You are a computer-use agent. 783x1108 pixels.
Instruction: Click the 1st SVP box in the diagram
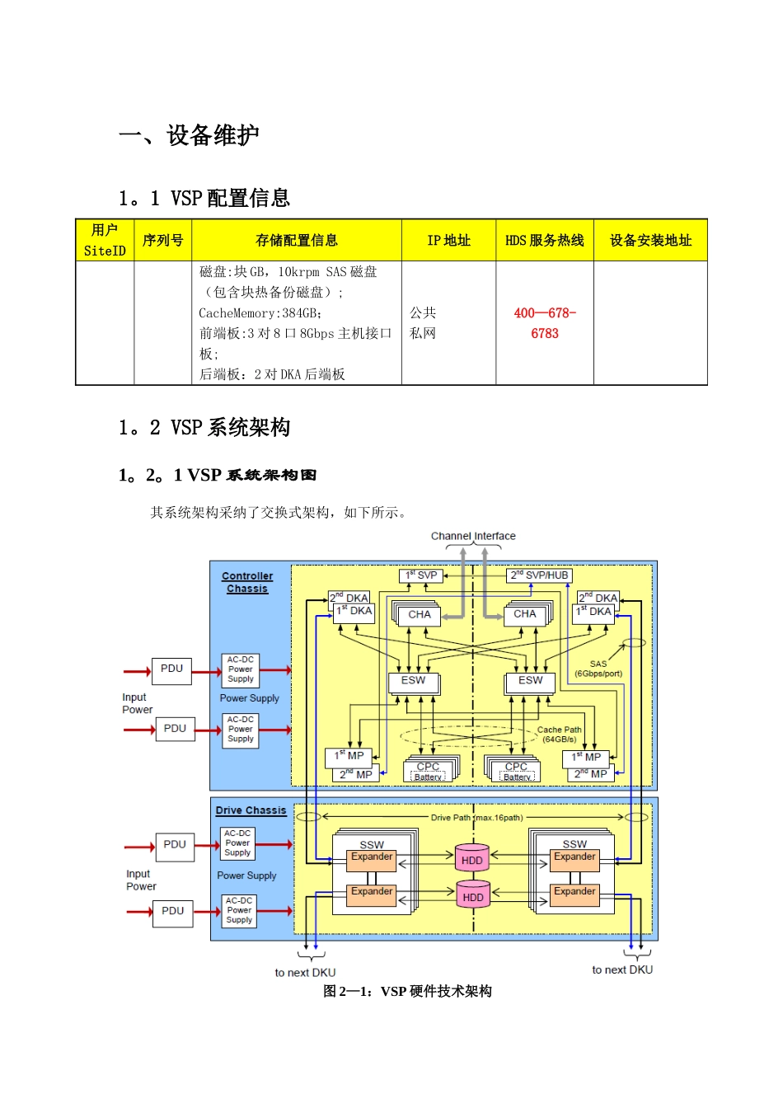coord(421,575)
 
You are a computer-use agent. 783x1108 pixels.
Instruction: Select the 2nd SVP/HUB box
coord(539,575)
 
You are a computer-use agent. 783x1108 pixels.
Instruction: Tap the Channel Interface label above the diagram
coord(473,536)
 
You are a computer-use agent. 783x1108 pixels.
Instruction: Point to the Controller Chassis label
coord(247,582)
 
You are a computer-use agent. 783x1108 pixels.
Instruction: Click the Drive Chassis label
coord(251,810)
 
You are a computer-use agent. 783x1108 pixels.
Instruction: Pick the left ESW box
coord(414,681)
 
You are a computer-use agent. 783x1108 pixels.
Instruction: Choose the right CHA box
coord(525,614)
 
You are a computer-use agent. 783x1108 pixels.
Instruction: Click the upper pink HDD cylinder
coord(472,858)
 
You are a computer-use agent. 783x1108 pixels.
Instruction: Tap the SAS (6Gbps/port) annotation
coord(598,669)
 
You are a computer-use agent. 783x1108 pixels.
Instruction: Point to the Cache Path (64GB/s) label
coord(560,735)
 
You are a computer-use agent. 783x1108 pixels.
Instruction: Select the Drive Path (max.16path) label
coord(476,818)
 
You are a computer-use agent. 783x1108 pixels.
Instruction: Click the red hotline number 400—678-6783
coord(545,323)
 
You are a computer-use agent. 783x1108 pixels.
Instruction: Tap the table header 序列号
coord(162,240)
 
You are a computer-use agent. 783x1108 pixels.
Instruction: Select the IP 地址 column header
coord(448,240)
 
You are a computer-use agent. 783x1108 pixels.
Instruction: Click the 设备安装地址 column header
coord(650,240)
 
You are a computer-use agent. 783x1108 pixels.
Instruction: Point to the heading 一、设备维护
coord(190,135)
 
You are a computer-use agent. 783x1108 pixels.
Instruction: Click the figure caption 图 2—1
coord(407,991)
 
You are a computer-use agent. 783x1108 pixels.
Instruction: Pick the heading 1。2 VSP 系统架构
coord(204,427)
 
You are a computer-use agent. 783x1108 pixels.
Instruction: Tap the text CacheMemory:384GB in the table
coord(260,313)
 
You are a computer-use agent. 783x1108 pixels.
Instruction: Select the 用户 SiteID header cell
coord(105,240)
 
